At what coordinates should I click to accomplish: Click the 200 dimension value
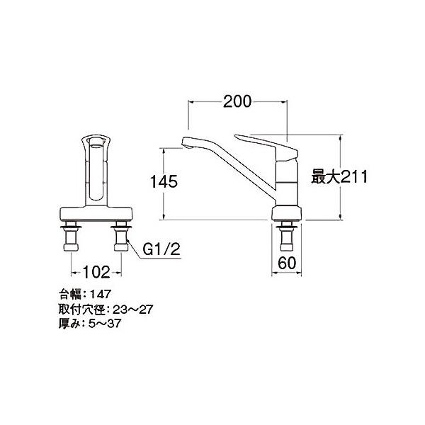[237, 102]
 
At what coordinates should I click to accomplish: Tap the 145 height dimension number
[164, 181]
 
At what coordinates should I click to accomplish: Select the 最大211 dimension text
[339, 176]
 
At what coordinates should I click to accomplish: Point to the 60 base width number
[287, 263]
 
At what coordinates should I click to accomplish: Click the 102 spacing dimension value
[96, 272]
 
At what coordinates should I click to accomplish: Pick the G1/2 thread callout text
[161, 249]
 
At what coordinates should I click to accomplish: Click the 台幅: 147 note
[85, 294]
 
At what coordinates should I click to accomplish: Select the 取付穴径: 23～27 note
[106, 310]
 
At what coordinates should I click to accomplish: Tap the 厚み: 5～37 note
[90, 324]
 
